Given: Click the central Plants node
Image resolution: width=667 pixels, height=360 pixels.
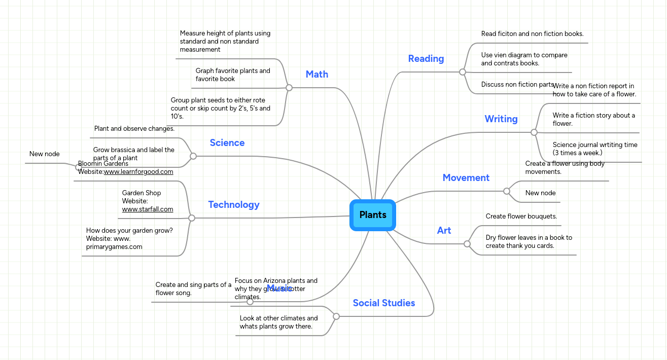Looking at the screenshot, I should [373, 215].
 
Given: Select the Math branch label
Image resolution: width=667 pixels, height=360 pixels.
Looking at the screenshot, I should [317, 75].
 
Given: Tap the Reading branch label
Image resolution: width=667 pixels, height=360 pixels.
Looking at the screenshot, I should [426, 59].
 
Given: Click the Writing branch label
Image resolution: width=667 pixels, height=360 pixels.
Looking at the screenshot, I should [501, 119].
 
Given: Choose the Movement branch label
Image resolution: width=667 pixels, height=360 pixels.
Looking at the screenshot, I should [466, 178].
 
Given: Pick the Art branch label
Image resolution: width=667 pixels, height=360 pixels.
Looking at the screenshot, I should [444, 231].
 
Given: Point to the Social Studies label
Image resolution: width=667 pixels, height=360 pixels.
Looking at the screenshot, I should [384, 303].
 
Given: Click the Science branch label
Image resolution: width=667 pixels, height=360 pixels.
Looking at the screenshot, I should [227, 143].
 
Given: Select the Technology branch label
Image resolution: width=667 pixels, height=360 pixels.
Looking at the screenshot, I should [234, 205].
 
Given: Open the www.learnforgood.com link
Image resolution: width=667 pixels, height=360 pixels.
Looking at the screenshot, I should [138, 172].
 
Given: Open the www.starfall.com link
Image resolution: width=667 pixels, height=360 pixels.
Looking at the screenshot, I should [148, 209].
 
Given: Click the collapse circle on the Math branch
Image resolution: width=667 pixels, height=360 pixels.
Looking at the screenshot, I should [289, 88].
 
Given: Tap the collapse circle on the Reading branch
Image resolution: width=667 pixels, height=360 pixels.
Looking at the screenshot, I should [463, 72].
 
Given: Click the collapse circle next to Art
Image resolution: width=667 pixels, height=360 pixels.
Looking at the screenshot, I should [467, 244].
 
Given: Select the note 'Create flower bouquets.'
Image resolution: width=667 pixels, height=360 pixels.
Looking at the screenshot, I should [521, 217].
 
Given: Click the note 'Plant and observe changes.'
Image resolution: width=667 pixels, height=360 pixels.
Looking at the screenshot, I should [134, 129].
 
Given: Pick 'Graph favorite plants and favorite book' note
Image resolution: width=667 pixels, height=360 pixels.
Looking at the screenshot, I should [233, 75].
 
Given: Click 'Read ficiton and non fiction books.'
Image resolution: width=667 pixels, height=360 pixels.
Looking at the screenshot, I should [533, 34].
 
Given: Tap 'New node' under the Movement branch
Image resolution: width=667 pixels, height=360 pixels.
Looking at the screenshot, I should [541, 193].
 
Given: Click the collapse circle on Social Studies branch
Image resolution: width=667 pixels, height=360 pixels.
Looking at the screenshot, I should [336, 316].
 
